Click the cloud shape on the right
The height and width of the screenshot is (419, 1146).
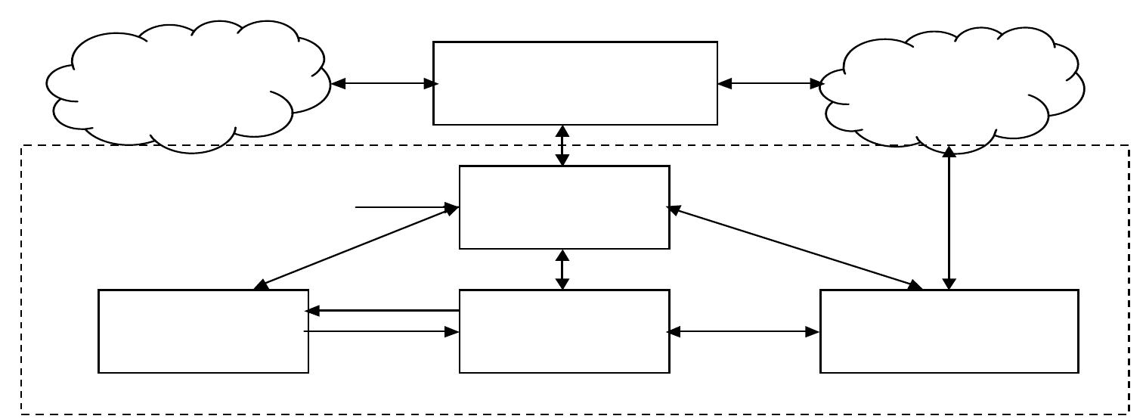[952, 87]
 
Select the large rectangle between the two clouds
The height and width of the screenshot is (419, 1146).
[575, 83]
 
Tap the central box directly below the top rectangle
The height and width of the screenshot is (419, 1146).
[564, 207]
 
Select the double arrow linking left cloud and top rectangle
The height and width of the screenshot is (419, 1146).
[382, 84]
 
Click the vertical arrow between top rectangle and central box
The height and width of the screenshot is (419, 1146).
[562, 145]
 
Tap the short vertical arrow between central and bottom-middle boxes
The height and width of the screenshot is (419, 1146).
[562, 269]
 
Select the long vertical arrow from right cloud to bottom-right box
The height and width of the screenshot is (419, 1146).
[949, 219]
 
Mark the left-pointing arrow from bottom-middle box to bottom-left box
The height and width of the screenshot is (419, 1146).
[383, 310]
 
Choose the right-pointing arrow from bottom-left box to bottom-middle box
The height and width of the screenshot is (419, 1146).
[383, 331]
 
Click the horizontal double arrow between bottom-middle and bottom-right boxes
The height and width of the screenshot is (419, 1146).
[745, 331]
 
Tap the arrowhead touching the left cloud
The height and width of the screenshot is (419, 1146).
[339, 84]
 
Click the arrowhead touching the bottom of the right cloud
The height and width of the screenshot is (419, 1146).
[949, 151]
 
